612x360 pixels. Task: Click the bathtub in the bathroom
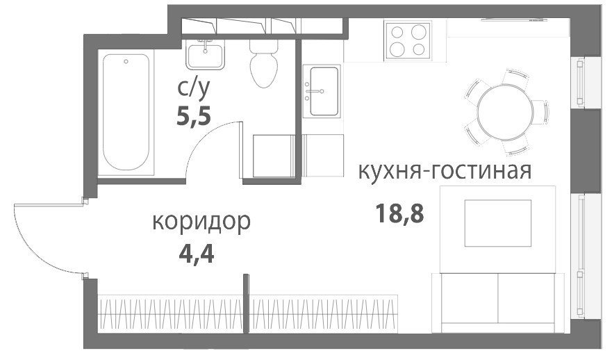126,112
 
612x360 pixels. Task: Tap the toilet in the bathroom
264,63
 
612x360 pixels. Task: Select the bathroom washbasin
205,55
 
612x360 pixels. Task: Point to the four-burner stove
408,40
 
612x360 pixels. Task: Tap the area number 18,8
399,214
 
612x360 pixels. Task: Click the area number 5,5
194,116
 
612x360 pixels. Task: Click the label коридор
201,222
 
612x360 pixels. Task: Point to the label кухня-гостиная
445,171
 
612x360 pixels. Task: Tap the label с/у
194,88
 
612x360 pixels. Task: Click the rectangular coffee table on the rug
497,223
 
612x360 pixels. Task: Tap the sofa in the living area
498,303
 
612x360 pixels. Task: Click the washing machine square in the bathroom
274,156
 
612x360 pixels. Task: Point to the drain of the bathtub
126,62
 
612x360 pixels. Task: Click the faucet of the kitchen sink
315,91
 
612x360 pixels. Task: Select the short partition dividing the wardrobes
246,304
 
